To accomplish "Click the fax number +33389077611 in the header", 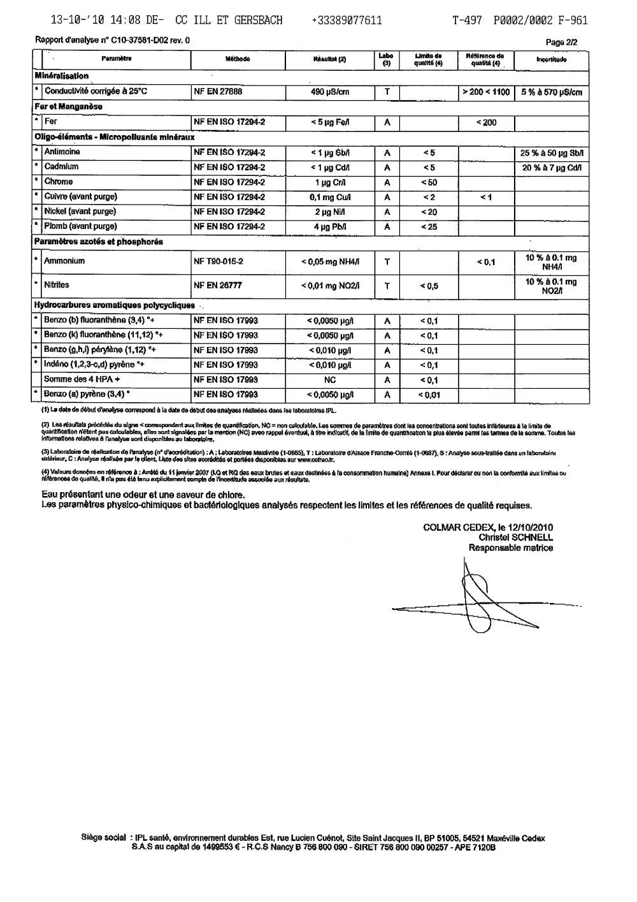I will [347, 20].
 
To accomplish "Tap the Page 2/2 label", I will [562, 42].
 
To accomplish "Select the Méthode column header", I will [238, 59].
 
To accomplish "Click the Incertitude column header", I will [551, 59].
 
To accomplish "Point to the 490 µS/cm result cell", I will [329, 92].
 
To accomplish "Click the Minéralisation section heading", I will [62, 76].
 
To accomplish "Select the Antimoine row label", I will [62, 152].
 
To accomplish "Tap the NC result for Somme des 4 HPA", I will [329, 380].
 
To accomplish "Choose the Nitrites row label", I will [57, 285].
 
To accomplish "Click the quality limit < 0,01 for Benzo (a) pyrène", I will [429, 395].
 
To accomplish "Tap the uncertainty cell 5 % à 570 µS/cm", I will [551, 92].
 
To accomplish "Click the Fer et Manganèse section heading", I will [68, 106].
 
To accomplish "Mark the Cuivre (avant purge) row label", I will [80, 196].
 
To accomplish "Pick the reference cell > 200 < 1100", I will [486, 92].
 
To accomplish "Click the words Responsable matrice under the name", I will [511, 548].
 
